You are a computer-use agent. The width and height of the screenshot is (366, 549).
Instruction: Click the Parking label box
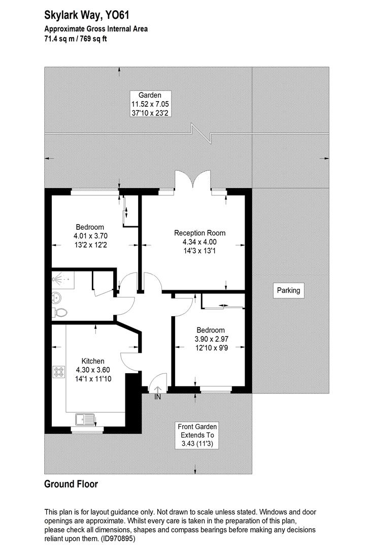(288, 291)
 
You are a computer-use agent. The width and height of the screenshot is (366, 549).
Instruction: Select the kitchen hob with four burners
(58, 372)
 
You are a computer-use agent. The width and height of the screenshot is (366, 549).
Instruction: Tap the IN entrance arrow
(157, 391)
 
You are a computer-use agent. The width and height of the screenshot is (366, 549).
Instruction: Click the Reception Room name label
(199, 233)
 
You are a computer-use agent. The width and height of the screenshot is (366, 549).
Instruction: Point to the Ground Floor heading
(71, 484)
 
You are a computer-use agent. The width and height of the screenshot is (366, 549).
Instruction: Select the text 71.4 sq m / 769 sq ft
(76, 39)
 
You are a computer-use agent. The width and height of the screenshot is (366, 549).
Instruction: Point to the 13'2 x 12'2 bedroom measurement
(90, 245)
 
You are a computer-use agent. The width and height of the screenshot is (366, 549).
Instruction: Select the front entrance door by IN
(159, 381)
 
